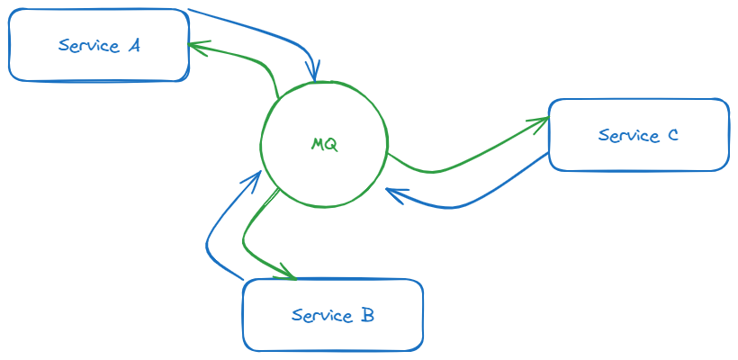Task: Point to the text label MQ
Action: (324, 144)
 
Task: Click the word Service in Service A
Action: (87, 46)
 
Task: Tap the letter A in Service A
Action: (133, 45)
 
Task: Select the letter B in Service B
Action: (367, 315)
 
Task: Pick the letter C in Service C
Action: (672, 136)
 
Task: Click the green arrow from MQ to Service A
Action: (252, 59)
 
